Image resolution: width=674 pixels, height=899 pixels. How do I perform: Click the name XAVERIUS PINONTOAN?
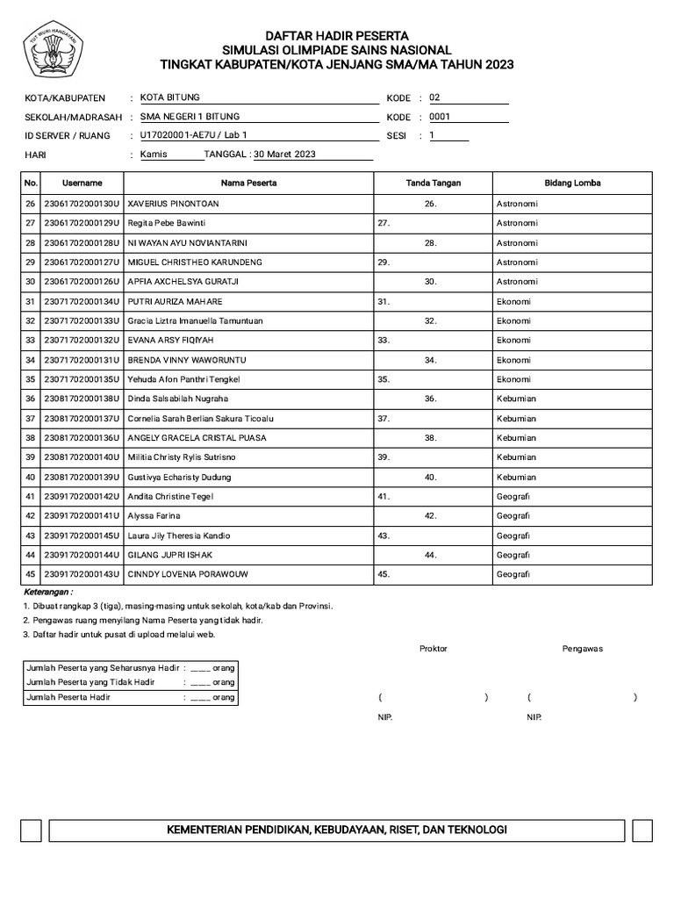174,204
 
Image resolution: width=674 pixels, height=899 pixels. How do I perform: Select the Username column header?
82,183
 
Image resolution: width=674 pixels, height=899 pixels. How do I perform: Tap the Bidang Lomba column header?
572,183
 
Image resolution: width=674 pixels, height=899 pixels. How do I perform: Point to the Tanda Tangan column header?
433,183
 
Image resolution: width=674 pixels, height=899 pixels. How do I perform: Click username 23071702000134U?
82,301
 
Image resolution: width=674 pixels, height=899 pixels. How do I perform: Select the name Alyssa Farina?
154,515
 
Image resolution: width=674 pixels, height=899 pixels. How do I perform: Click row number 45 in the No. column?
31,574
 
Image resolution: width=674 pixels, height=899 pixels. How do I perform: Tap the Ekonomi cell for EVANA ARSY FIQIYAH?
513,340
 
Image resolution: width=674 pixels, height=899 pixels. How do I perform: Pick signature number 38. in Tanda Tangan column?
431,437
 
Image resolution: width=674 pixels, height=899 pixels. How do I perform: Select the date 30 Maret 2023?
284,155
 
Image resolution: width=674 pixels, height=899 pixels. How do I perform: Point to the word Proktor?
433,649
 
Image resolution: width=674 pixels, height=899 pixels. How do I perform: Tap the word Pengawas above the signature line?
582,649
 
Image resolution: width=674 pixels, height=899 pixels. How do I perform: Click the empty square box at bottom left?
31,831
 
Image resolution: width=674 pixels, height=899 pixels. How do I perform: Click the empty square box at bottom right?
642,831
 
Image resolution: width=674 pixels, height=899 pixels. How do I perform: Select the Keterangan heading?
47,593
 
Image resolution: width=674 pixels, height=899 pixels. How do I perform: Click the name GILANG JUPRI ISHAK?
170,555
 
